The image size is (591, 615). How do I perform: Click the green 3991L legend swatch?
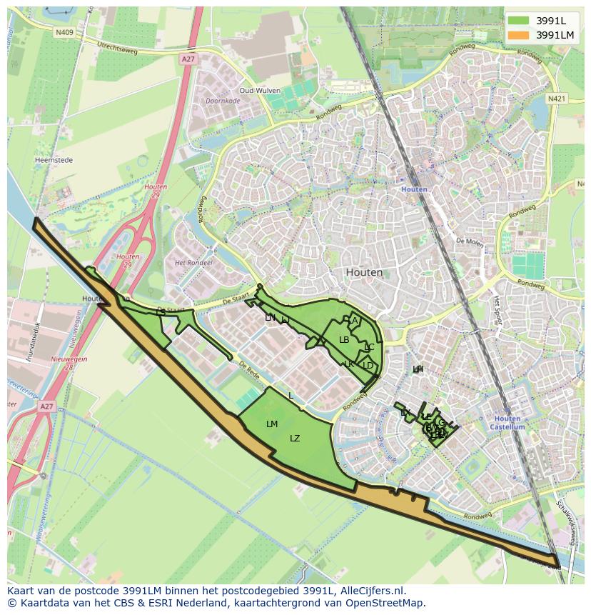(x=519, y=20)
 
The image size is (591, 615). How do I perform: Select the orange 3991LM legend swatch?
(x=519, y=35)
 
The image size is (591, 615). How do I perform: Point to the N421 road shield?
(x=557, y=98)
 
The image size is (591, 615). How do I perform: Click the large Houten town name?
(x=364, y=272)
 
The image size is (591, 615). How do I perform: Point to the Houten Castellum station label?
(x=507, y=422)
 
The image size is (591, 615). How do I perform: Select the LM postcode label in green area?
(x=272, y=424)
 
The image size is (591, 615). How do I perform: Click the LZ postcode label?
(x=295, y=439)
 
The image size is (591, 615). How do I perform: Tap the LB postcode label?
(x=344, y=340)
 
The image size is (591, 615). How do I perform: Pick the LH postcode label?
(x=418, y=369)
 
